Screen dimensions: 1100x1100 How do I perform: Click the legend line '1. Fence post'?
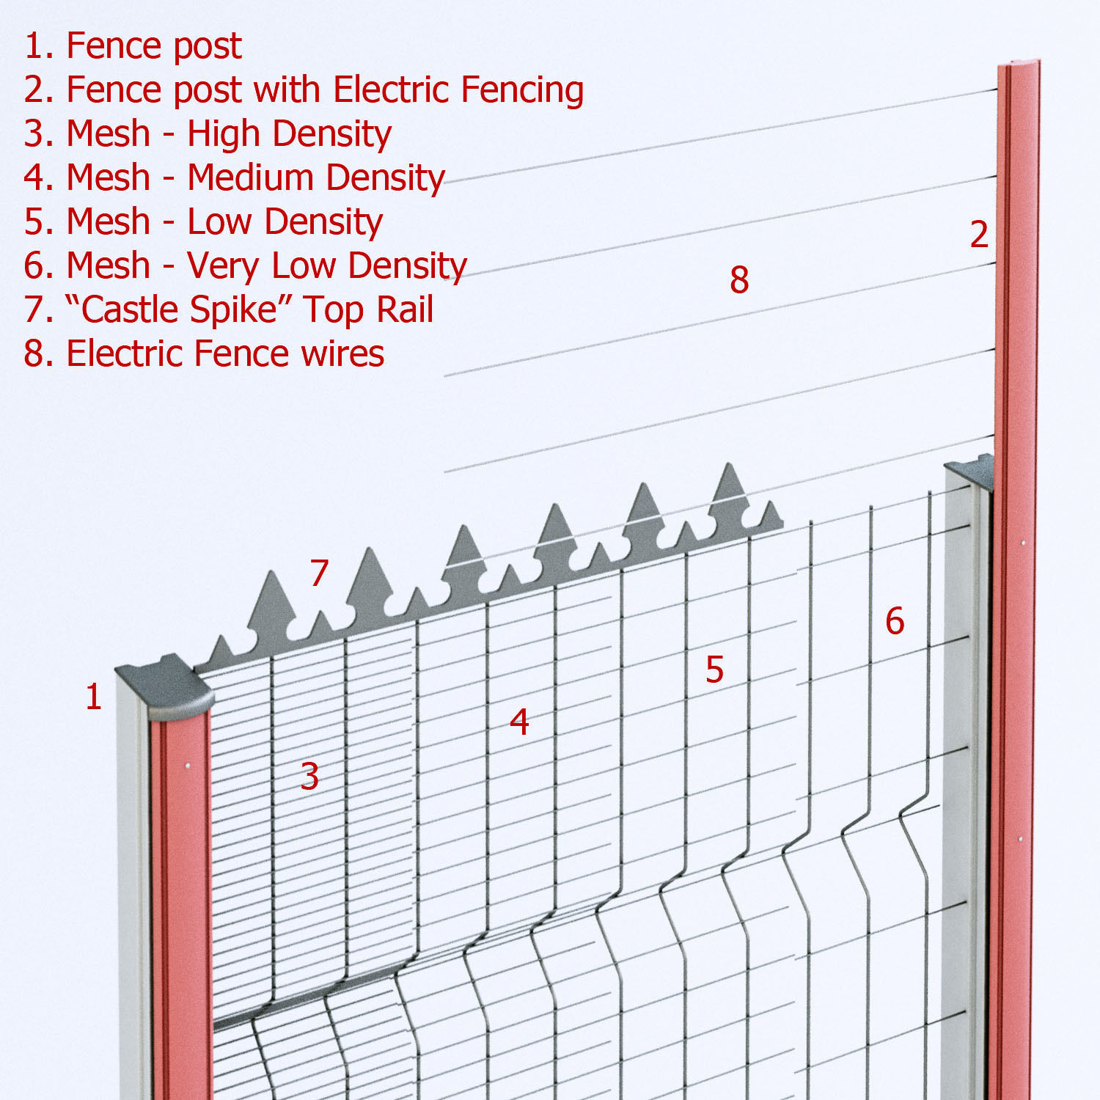coord(133,45)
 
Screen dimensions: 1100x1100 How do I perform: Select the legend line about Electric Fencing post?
coord(304,89)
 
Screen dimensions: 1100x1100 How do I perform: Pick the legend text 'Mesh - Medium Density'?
coord(235,177)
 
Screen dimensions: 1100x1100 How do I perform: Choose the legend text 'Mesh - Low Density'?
coord(203,221)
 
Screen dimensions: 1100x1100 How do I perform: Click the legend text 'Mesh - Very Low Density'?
coord(245,265)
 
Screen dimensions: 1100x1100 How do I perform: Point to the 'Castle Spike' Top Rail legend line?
coord(229,309)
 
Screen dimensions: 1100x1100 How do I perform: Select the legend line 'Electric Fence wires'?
coord(204,353)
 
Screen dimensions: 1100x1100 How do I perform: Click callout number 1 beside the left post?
coord(93,697)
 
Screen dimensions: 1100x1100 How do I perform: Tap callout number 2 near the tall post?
coord(979,235)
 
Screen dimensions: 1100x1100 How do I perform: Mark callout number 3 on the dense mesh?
coord(309,776)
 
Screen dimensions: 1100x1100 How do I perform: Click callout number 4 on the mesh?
coord(519,722)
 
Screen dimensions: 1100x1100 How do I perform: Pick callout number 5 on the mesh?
coord(714,669)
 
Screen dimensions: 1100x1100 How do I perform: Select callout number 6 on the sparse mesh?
coord(895,621)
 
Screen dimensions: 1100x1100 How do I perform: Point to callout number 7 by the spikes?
coord(318,573)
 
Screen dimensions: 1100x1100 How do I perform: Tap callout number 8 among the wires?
coord(739,279)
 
